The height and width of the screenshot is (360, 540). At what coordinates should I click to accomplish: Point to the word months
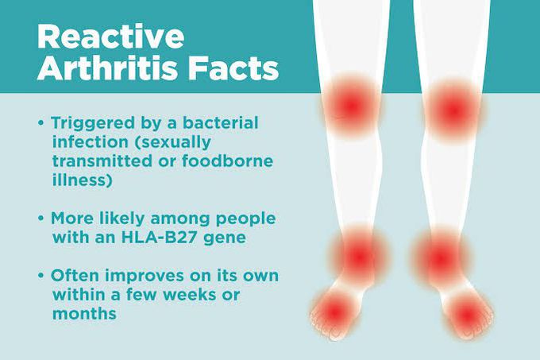tap(84, 314)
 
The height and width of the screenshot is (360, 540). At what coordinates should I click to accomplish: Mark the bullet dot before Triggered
tap(41, 126)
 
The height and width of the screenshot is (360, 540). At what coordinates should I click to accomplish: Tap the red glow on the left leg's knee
tap(349, 104)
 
